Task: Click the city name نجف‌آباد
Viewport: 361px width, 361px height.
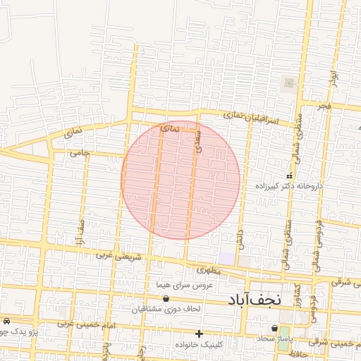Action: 255,299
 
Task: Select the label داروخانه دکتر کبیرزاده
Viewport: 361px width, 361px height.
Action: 289,186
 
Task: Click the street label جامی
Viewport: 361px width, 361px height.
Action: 78,152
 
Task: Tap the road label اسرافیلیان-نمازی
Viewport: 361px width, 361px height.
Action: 250,118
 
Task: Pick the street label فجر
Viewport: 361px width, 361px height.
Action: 323,106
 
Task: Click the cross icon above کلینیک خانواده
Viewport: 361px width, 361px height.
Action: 200,334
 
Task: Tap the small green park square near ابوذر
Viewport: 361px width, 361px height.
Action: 288,84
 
